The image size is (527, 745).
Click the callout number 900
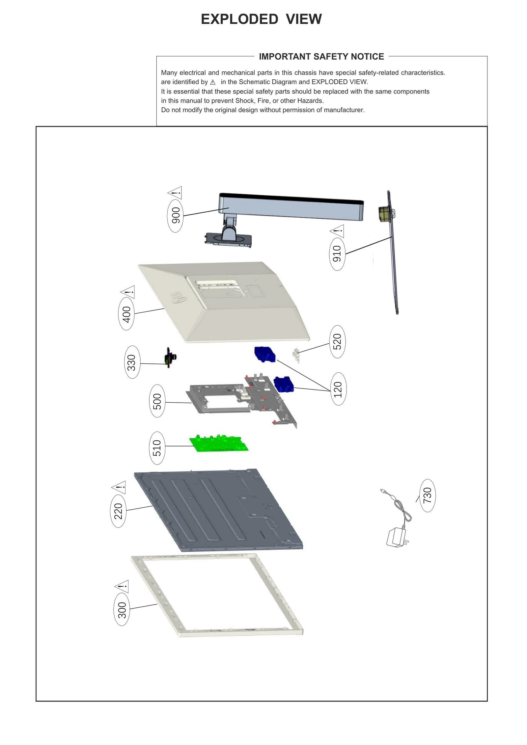[x=175, y=216]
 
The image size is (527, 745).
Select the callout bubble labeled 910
[x=337, y=254]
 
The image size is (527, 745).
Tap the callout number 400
[x=126, y=314]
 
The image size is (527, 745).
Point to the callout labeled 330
[x=132, y=362]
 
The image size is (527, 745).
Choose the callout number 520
[x=337, y=341]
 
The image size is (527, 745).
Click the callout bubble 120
[x=338, y=389]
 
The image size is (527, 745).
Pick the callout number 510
[x=157, y=448]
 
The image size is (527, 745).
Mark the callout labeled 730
[x=427, y=495]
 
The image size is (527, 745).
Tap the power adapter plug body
[x=396, y=537]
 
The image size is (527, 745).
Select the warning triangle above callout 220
[x=119, y=487]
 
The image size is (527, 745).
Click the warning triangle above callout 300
[x=122, y=586]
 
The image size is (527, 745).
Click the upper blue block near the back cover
[x=264, y=354]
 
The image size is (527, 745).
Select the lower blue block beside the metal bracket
[x=284, y=385]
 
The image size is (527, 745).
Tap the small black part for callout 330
[x=170, y=358]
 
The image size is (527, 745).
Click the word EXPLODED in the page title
[x=239, y=19]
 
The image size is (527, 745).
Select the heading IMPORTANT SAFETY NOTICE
[x=321, y=57]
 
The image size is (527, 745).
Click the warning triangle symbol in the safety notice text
[x=213, y=82]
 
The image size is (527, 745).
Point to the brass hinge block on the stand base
[x=384, y=214]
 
